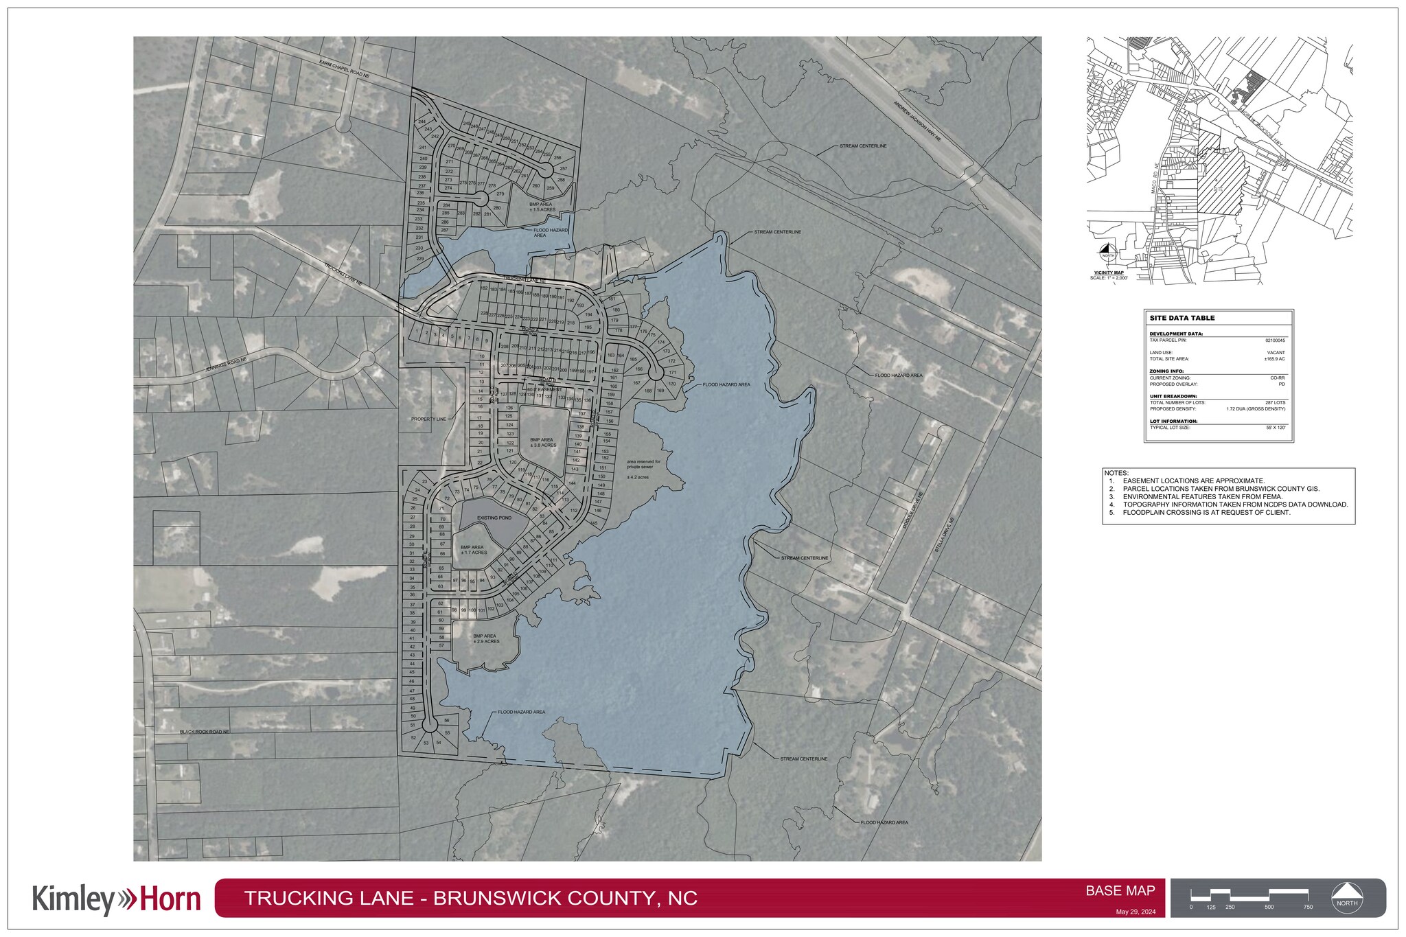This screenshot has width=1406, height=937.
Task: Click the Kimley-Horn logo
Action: coord(117,900)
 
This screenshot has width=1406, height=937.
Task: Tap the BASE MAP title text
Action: coord(1120,891)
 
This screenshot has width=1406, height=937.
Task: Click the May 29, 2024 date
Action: coord(1136,912)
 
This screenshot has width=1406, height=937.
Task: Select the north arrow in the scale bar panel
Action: coord(1346,897)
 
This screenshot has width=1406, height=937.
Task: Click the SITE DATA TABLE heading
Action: coord(1182,319)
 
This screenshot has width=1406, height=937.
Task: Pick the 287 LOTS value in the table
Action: coord(1275,403)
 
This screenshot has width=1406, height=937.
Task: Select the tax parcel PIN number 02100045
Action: coord(1275,340)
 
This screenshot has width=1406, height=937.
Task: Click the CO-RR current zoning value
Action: coord(1277,378)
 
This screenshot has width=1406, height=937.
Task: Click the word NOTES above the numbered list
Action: coord(1116,474)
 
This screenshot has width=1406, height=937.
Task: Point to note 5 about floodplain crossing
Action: coord(1206,513)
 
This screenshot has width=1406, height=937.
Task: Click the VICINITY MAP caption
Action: coord(1108,273)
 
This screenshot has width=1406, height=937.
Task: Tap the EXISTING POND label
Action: coord(494,518)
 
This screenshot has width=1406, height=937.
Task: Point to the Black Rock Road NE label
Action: coord(204,732)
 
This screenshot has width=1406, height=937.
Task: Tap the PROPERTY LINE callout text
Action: coord(428,419)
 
